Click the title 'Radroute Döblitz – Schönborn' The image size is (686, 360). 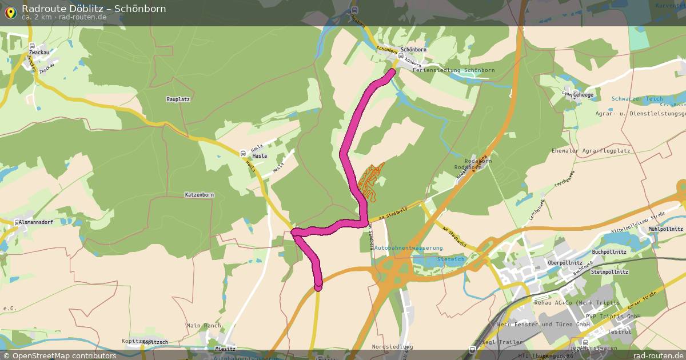pos(94,8)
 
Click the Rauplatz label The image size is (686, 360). pos(178,99)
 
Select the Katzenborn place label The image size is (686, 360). pos(199,195)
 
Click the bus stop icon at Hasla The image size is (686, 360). pos(244,153)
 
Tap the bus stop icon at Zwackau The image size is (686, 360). pos(33,46)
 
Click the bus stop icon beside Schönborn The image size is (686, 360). pos(401,57)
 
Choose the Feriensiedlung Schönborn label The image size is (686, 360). pos(453,70)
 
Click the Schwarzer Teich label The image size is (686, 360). pos(637,99)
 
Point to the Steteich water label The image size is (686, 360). pos(451,259)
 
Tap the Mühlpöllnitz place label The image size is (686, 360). pos(666,229)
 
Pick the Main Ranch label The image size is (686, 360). pos(204,326)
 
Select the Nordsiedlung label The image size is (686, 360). pos(392,347)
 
